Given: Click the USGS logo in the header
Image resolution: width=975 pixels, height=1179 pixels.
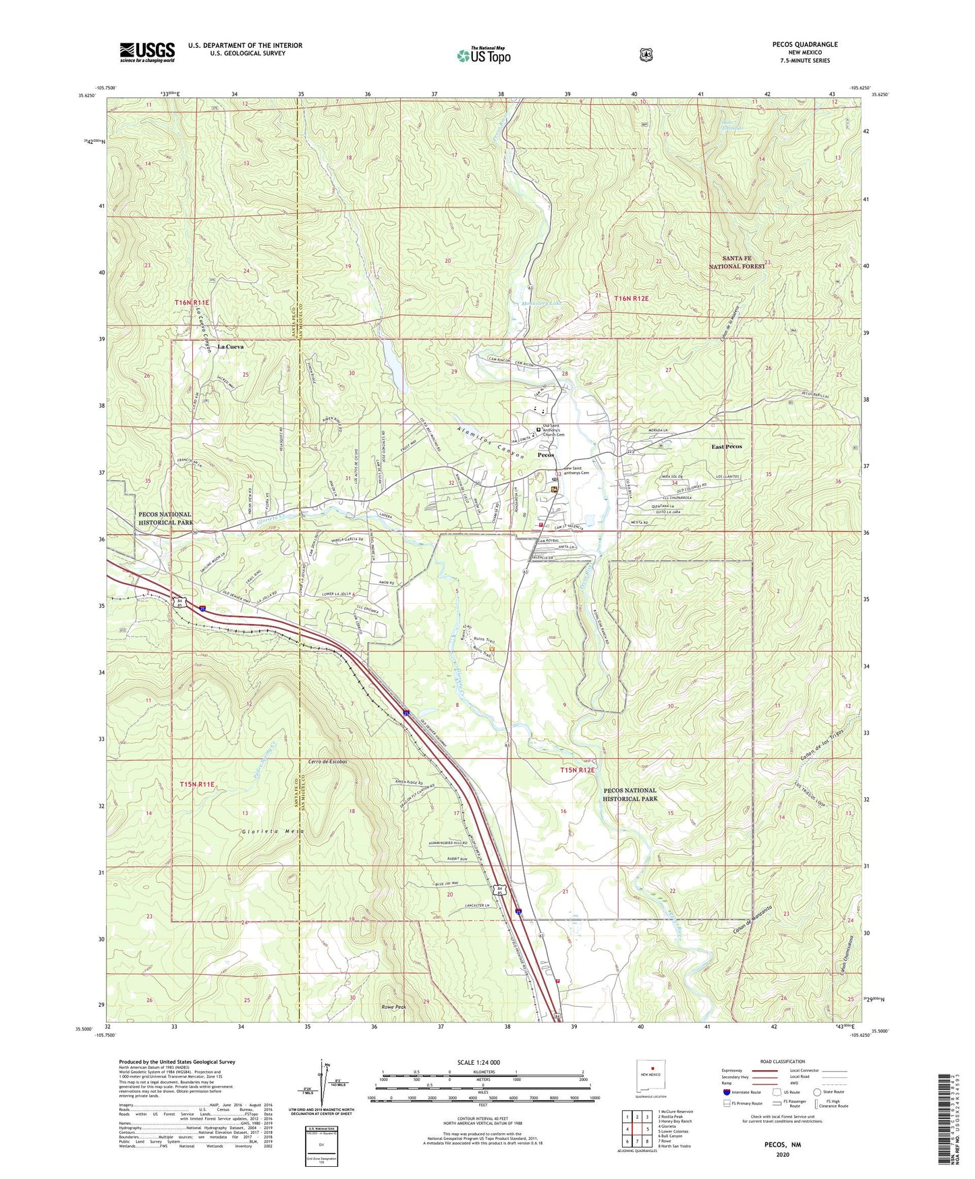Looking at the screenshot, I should (x=147, y=52).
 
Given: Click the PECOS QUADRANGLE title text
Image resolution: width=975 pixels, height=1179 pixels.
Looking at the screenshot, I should (x=805, y=45).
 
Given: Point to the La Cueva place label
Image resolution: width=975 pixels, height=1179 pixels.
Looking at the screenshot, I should (x=230, y=346).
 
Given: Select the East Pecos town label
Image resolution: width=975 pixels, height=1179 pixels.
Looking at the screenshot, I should (x=726, y=446).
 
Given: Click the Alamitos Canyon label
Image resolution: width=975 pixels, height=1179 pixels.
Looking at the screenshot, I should (x=490, y=443).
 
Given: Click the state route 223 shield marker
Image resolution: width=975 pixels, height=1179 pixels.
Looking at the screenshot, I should (x=630, y=451).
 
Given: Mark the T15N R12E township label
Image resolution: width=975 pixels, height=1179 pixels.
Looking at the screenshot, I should (x=578, y=770).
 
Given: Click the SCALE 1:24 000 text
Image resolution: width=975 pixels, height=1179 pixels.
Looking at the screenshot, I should (x=478, y=1062).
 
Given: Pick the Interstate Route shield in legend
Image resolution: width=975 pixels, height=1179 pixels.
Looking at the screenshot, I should (x=727, y=1092).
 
